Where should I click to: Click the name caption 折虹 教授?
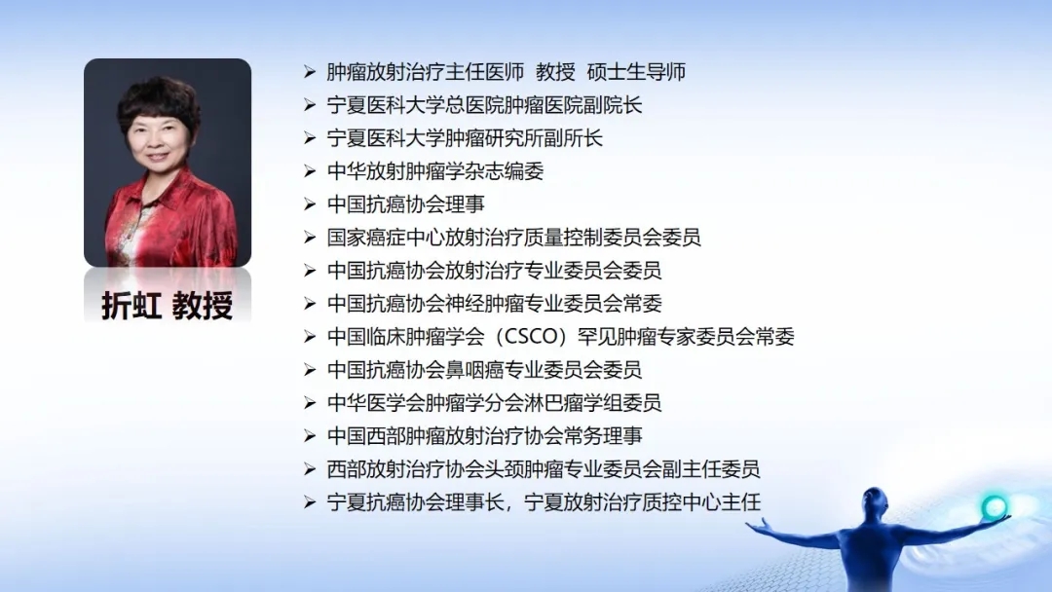pyautogui.click(x=168, y=307)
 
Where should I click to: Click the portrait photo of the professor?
pyautogui.click(x=168, y=163)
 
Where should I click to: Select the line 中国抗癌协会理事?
pyautogui.click(x=406, y=204)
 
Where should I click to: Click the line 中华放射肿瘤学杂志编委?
pyautogui.click(x=435, y=171)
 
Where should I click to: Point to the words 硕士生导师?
pyautogui.click(x=636, y=72)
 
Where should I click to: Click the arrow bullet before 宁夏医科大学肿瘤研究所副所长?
pyautogui.click(x=310, y=139)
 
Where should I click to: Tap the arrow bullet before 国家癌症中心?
pyautogui.click(x=310, y=238)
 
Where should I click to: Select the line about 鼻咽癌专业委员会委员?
pyautogui.click(x=484, y=370)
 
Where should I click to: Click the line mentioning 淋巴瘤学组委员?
pyautogui.click(x=495, y=403)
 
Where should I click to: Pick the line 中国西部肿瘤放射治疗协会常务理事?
pyautogui.click(x=484, y=436)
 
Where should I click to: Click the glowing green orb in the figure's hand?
pyautogui.click(x=994, y=507)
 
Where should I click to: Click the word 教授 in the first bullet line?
pyautogui.click(x=555, y=72)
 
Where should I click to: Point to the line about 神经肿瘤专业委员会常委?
pyautogui.click(x=495, y=304)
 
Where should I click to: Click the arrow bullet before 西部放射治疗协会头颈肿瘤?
pyautogui.click(x=310, y=469)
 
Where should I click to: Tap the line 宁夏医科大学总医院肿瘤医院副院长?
pyautogui.click(x=484, y=105)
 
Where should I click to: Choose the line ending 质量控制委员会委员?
pyautogui.click(x=514, y=238)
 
